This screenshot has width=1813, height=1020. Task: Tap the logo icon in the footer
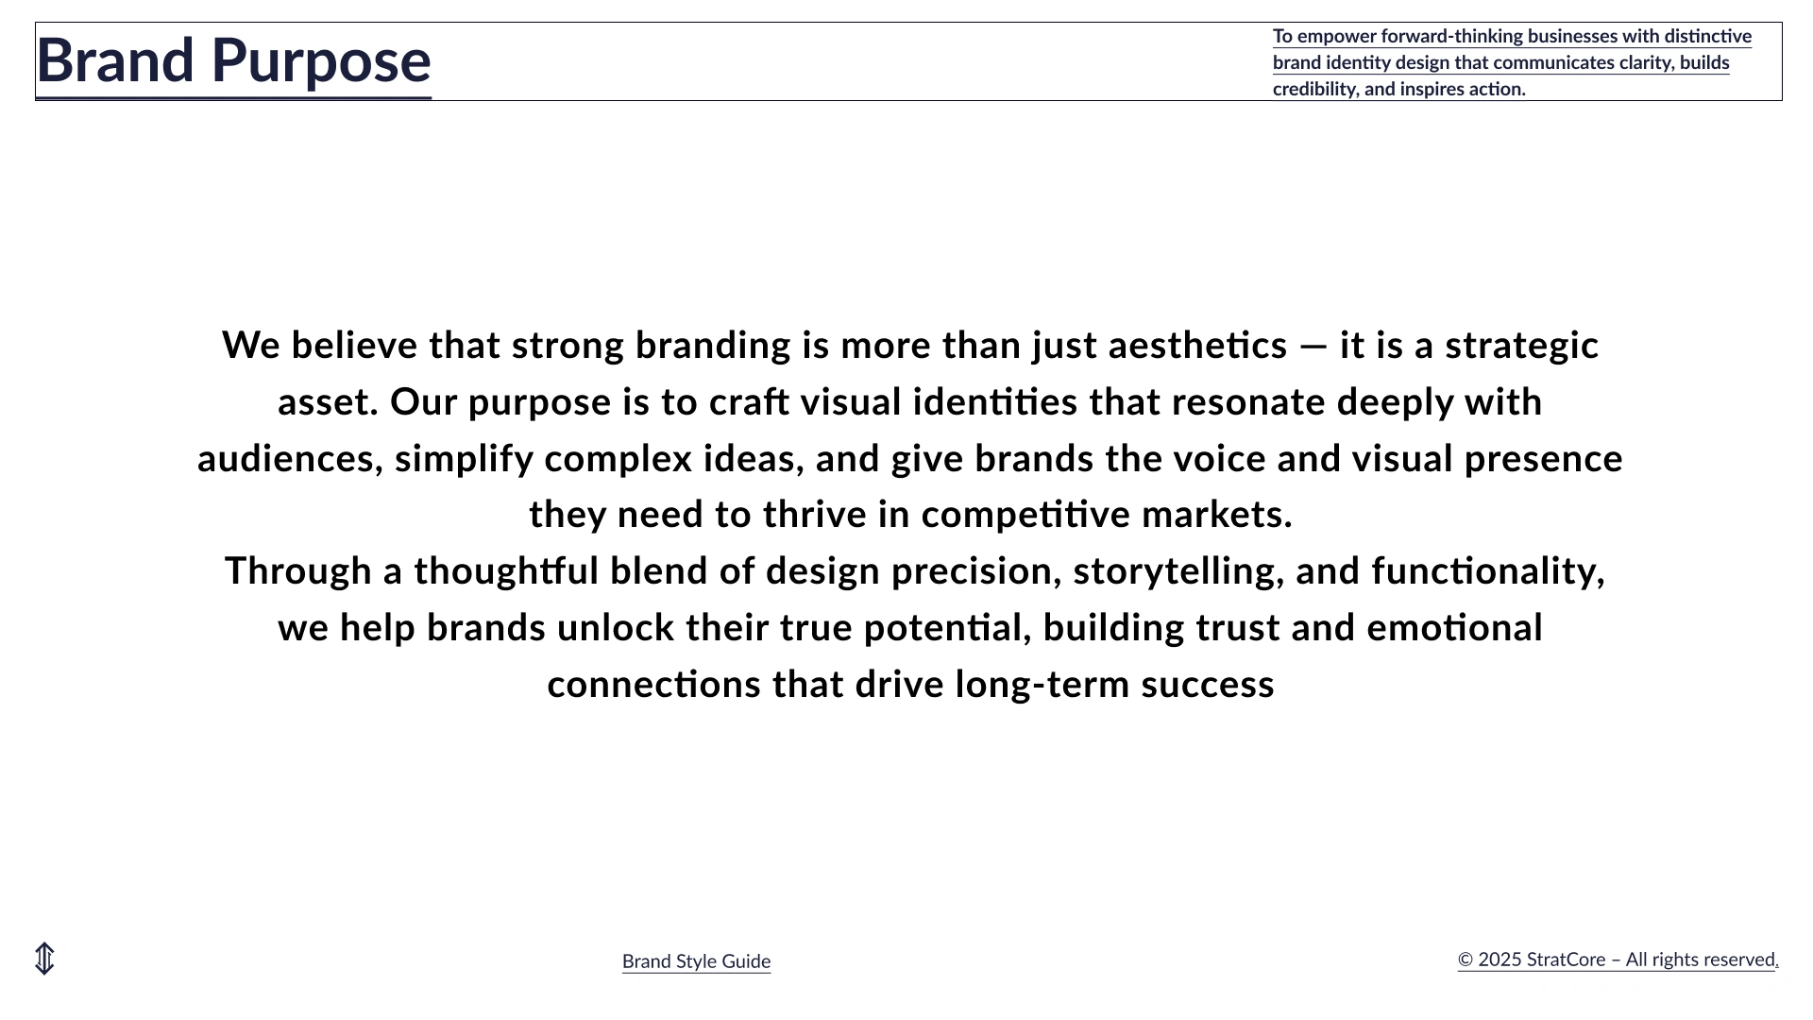coord(44,959)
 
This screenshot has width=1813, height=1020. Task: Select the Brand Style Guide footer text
coord(697,961)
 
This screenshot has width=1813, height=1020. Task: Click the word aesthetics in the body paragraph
coord(1197,346)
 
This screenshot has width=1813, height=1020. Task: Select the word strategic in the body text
coord(1522,347)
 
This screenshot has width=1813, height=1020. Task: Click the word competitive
coord(1025,515)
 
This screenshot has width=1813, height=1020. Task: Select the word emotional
coord(1455,628)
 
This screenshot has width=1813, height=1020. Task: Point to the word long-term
coord(1042,685)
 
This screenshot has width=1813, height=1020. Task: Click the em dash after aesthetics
coord(1313,347)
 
